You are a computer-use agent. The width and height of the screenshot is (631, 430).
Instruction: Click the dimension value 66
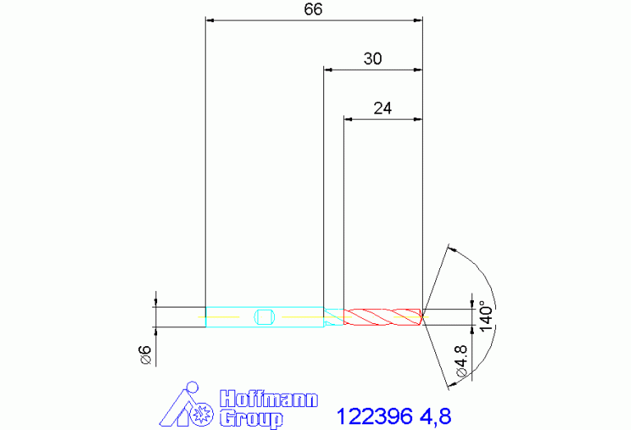313,9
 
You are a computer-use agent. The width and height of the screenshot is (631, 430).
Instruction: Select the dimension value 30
372,59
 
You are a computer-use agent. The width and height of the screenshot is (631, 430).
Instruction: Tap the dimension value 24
383,108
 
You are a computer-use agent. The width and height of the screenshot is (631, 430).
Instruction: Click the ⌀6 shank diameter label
144,354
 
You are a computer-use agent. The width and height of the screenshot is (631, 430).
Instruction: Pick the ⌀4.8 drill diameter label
461,361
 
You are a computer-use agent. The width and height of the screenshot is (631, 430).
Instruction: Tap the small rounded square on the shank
264,317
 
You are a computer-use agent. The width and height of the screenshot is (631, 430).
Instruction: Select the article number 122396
374,415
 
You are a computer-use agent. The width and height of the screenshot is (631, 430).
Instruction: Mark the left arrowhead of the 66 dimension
209,19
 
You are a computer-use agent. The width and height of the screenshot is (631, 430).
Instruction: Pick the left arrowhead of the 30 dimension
327,70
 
